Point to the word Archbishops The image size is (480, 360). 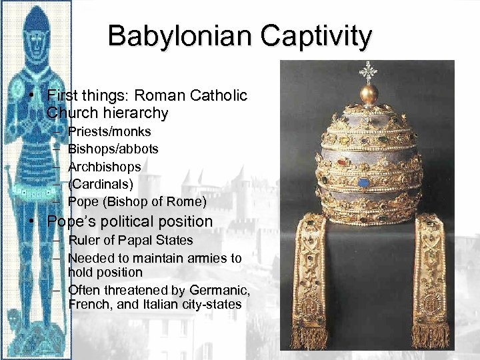[x=105, y=166]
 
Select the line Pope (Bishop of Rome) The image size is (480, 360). [x=137, y=201]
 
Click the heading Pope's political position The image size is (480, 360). [x=130, y=221]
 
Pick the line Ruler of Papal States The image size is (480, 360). [x=130, y=240]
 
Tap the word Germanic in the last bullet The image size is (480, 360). [x=217, y=289]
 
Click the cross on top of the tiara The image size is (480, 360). [x=369, y=69]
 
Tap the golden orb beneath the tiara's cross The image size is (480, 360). [x=369, y=94]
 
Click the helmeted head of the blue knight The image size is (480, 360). [x=36, y=30]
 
